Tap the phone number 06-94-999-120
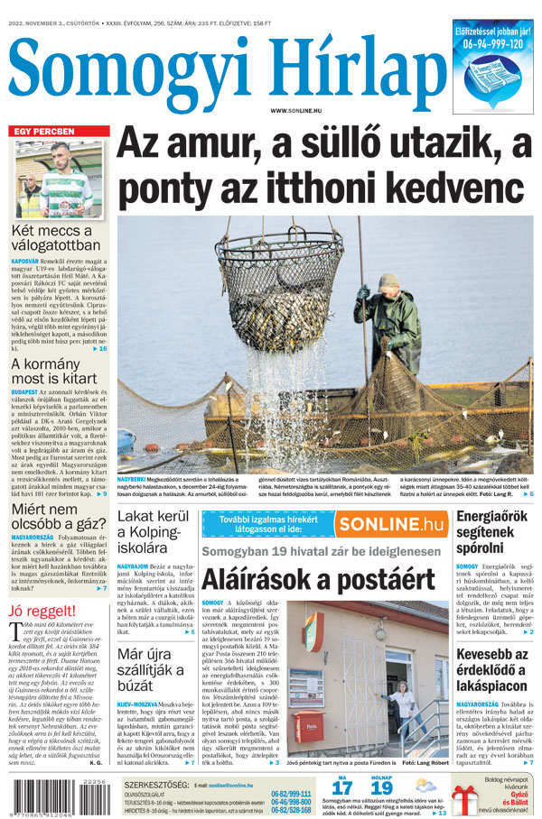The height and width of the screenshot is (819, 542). point(493,43)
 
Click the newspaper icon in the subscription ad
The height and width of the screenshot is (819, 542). point(492,79)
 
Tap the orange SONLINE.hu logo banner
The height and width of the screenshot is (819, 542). point(391,524)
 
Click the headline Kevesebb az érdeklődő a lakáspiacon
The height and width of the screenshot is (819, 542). point(493,669)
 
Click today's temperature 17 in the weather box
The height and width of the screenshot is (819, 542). point(341,787)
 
